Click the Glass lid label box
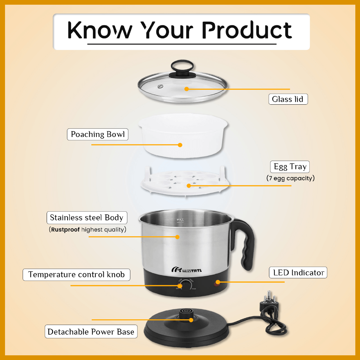[288, 99]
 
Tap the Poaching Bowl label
[98, 134]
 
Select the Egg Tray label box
[290, 167]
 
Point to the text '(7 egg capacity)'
[290, 178]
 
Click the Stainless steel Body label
[87, 218]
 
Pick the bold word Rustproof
[65, 230]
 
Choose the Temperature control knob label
[76, 275]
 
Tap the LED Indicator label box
[298, 273]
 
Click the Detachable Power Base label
[91, 332]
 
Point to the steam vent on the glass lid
[160, 86]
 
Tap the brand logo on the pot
[187, 270]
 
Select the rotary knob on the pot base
[186, 285]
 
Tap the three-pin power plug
[269, 302]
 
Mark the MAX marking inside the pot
[180, 220]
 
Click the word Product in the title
[247, 30]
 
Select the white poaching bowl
[183, 135]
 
